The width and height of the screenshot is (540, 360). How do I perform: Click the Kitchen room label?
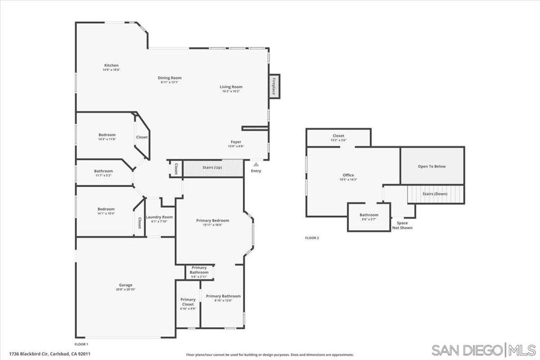point(111,65)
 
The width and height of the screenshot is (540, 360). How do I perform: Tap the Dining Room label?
point(170,78)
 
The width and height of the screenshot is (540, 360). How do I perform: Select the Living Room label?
point(231,87)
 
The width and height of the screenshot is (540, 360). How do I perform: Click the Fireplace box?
point(274,86)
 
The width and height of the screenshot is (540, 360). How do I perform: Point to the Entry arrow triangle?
point(256,164)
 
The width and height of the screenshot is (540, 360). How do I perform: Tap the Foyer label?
point(236,142)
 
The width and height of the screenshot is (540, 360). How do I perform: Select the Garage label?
point(126,285)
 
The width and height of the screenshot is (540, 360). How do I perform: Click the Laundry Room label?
point(159,217)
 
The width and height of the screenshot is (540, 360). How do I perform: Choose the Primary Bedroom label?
point(213,220)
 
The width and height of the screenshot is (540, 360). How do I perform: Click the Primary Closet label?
point(188,302)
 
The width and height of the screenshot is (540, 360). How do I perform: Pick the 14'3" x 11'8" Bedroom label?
point(107,134)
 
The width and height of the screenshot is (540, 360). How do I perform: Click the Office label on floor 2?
point(348,175)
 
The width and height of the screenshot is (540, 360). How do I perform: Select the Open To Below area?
point(432,166)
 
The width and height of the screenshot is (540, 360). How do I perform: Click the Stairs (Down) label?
point(435,194)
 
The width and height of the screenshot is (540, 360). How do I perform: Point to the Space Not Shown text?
point(402,225)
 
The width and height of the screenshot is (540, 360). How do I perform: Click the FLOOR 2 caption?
point(312,238)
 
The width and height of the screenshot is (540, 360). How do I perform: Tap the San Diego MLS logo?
point(484,349)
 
